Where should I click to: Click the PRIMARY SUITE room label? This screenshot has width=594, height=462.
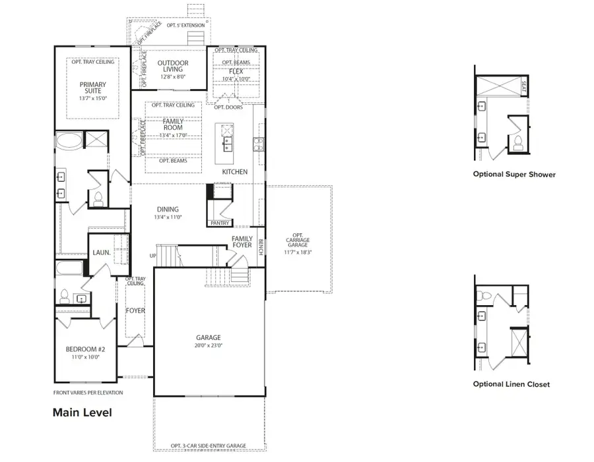coord(92,88)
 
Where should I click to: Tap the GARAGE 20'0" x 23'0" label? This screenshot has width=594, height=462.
coord(209,341)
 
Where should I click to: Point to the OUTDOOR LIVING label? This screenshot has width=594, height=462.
coord(173,68)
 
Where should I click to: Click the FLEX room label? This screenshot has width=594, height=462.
coord(236,71)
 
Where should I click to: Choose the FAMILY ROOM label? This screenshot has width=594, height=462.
coord(173,126)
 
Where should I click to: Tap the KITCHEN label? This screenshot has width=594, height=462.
coord(234,172)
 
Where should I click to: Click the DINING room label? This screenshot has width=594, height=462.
coord(167,212)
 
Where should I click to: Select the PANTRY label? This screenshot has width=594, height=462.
coord(219,223)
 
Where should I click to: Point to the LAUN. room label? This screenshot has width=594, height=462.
coord(101,252)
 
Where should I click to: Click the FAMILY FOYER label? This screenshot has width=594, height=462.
coord(242,242)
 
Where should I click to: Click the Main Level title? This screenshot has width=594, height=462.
coord(82,413)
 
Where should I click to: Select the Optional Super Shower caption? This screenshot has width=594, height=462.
coord(514,175)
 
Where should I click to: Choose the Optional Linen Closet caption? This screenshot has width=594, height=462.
coord(511,384)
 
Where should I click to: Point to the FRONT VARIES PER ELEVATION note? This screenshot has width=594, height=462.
coord(88,393)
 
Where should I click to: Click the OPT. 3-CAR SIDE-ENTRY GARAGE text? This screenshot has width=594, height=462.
coord(208,446)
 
